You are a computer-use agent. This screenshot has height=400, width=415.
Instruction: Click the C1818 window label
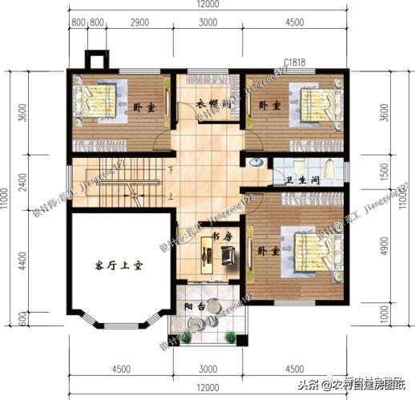coord(294,62)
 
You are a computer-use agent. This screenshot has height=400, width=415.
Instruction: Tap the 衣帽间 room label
coord(214,105)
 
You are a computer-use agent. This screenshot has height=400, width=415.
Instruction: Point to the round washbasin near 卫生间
coord(254,163)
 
